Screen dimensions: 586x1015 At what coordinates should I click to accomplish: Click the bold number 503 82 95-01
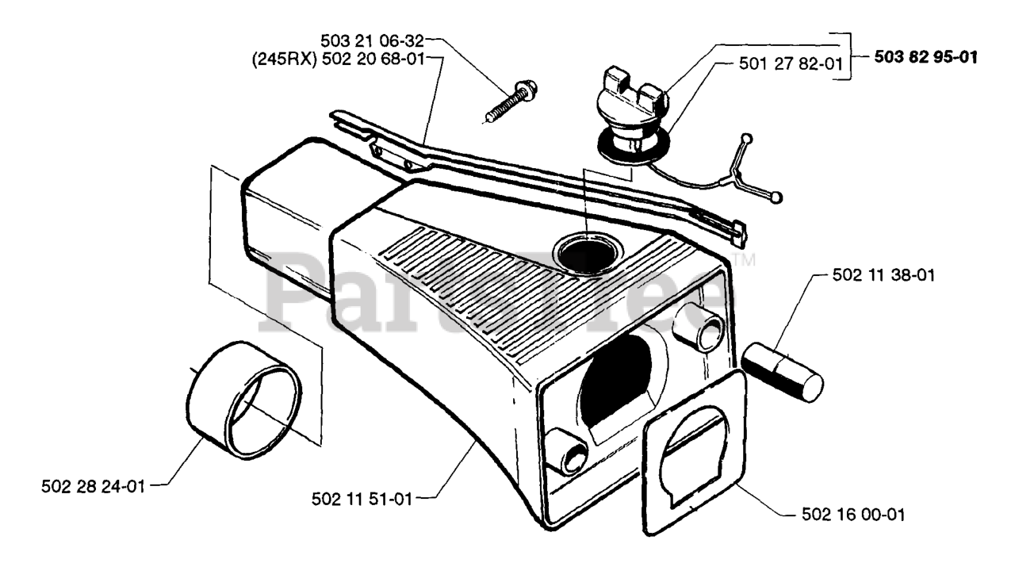tap(926, 57)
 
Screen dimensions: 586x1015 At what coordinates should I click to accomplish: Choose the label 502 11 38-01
tap(884, 276)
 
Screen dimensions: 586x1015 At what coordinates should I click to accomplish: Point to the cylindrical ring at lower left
tap(247, 401)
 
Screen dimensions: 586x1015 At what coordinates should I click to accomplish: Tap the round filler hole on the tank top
tap(585, 254)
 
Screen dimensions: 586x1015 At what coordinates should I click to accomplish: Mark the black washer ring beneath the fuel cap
tap(627, 150)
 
